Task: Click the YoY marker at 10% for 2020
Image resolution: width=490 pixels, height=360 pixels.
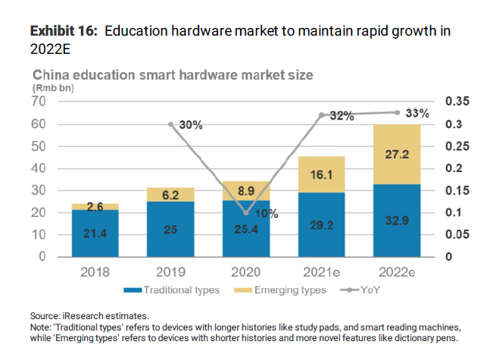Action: (245, 213)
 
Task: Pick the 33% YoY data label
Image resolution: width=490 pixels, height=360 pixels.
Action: (417, 113)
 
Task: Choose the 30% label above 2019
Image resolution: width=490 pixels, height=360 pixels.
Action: (190, 125)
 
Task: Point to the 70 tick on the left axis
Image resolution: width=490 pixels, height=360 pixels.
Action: (39, 102)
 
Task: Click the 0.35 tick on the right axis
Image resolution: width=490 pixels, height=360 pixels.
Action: (457, 102)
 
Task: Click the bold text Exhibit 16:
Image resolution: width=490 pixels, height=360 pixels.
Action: (64, 31)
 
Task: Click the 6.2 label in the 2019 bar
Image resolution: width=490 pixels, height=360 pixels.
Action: (170, 195)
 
